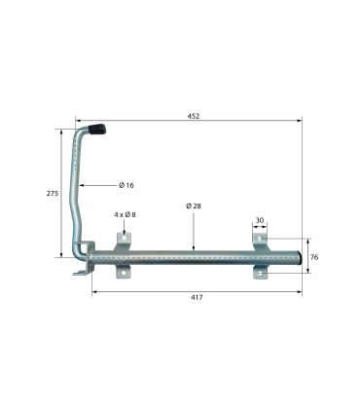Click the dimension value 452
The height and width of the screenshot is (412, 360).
(x=194, y=116)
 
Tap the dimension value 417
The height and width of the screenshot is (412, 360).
(x=197, y=297)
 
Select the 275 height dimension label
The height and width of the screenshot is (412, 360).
(x=53, y=194)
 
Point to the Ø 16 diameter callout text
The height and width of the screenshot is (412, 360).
(x=126, y=185)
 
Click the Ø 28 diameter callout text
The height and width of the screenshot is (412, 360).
(x=194, y=206)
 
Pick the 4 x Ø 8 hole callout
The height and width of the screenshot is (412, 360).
(x=125, y=214)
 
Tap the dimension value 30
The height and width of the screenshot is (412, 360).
(x=260, y=220)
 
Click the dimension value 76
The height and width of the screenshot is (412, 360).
(x=314, y=257)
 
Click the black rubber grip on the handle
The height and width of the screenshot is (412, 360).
(x=97, y=129)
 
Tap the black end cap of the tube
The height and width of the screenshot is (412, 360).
(x=301, y=258)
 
